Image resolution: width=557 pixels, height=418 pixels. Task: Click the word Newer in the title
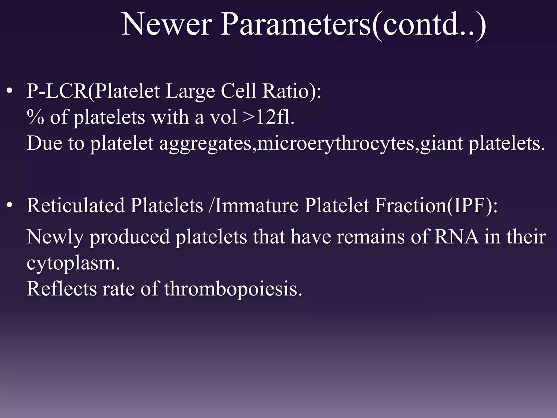166,24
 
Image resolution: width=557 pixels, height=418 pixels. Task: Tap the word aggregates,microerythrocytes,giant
311,144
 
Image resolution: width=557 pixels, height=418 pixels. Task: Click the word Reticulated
76,206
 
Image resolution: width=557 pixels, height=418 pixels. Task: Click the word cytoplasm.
73,263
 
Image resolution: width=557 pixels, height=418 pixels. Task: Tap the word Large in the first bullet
190,91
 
